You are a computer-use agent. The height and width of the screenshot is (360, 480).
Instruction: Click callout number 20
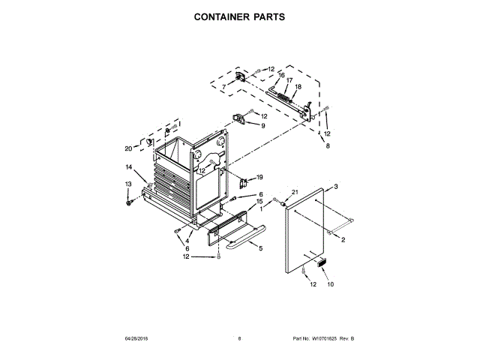tap(128, 148)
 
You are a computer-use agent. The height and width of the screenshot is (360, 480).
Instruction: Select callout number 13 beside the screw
tap(128, 184)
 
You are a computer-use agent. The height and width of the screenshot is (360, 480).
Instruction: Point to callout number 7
tap(223, 88)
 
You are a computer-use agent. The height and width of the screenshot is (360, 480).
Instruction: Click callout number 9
tap(263, 126)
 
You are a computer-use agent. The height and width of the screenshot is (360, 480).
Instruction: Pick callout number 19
tap(259, 177)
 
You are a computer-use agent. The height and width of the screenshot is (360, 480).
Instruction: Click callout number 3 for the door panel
tap(337, 186)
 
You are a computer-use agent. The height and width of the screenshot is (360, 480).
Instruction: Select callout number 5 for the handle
tap(260, 248)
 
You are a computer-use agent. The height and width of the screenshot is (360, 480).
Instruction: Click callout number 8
tap(327, 146)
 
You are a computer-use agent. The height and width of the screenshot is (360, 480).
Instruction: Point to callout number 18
tap(298, 87)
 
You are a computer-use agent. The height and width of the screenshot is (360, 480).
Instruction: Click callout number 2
tap(343, 240)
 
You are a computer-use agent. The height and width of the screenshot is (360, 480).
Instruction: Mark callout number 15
tap(259, 201)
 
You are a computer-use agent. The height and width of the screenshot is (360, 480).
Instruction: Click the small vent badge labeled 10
tap(322, 262)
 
